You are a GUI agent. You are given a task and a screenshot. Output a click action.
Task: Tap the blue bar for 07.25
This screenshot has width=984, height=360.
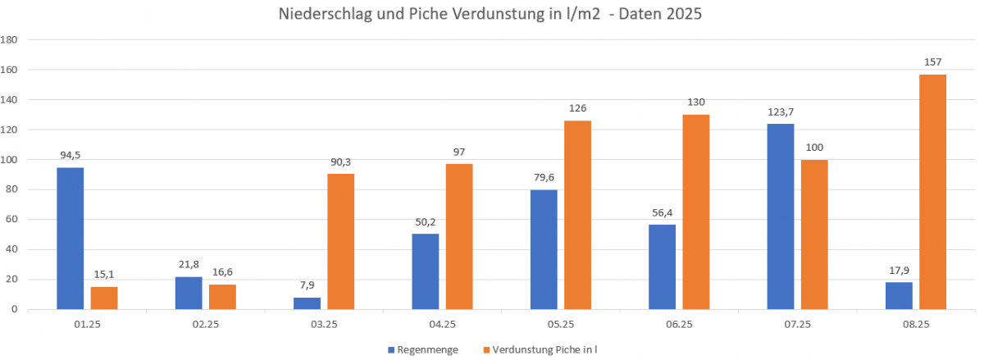pos(781,216)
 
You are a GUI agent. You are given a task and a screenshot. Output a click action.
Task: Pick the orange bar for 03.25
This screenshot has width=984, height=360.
pos(340,241)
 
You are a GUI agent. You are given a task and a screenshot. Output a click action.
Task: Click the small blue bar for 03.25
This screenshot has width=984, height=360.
pos(307,303)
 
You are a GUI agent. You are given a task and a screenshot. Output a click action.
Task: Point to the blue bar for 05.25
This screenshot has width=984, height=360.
pos(544,249)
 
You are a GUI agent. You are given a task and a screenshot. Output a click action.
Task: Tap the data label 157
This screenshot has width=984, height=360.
pos(932,62)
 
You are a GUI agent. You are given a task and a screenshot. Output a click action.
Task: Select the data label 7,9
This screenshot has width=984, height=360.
pos(307,286)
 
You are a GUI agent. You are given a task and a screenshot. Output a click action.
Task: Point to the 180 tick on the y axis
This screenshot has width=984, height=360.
pos(10,39)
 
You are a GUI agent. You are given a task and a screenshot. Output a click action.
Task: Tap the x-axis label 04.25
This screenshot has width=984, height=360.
pos(442,325)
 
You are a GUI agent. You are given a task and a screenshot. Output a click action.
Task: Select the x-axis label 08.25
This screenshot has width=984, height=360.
pos(916,325)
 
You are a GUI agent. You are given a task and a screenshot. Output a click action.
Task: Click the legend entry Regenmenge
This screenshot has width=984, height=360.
pos(426,350)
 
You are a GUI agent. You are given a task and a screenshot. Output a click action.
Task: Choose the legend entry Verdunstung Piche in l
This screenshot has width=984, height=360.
pos(545,350)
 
